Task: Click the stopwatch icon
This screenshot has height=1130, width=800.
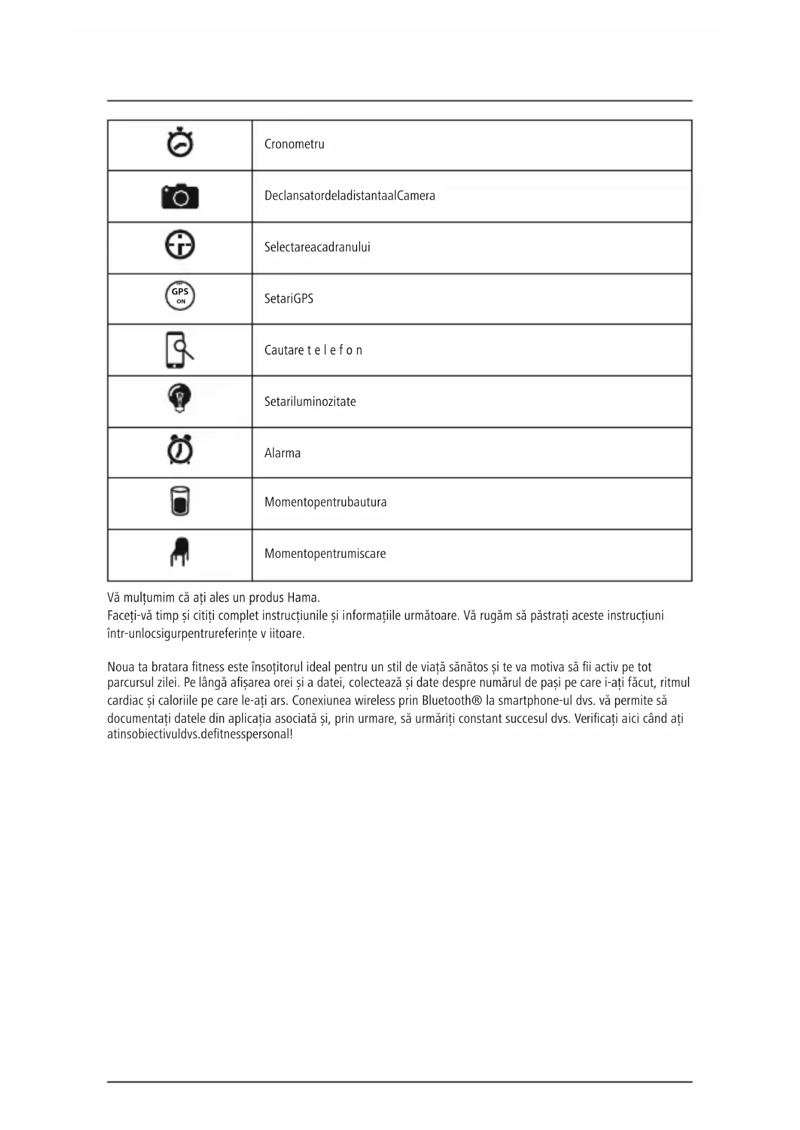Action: [180, 143]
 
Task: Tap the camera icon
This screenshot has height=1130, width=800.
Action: [180, 196]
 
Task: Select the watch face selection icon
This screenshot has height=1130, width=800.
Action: [180, 245]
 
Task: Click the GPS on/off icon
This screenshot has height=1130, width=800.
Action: [180, 296]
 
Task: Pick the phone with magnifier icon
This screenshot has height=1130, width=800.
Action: [179, 350]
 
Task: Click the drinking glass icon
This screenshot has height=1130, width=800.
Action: [180, 501]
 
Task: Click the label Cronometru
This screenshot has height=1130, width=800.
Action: [294, 144]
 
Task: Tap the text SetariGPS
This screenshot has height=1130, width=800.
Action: [288, 299]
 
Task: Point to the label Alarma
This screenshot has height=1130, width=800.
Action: [282, 454]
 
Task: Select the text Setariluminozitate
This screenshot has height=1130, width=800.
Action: [309, 402]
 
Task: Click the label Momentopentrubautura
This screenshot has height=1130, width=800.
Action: [325, 503]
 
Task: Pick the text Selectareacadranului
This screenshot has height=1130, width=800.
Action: [317, 247]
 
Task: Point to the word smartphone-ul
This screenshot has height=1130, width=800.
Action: [536, 701]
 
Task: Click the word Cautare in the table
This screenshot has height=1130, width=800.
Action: [284, 350]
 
